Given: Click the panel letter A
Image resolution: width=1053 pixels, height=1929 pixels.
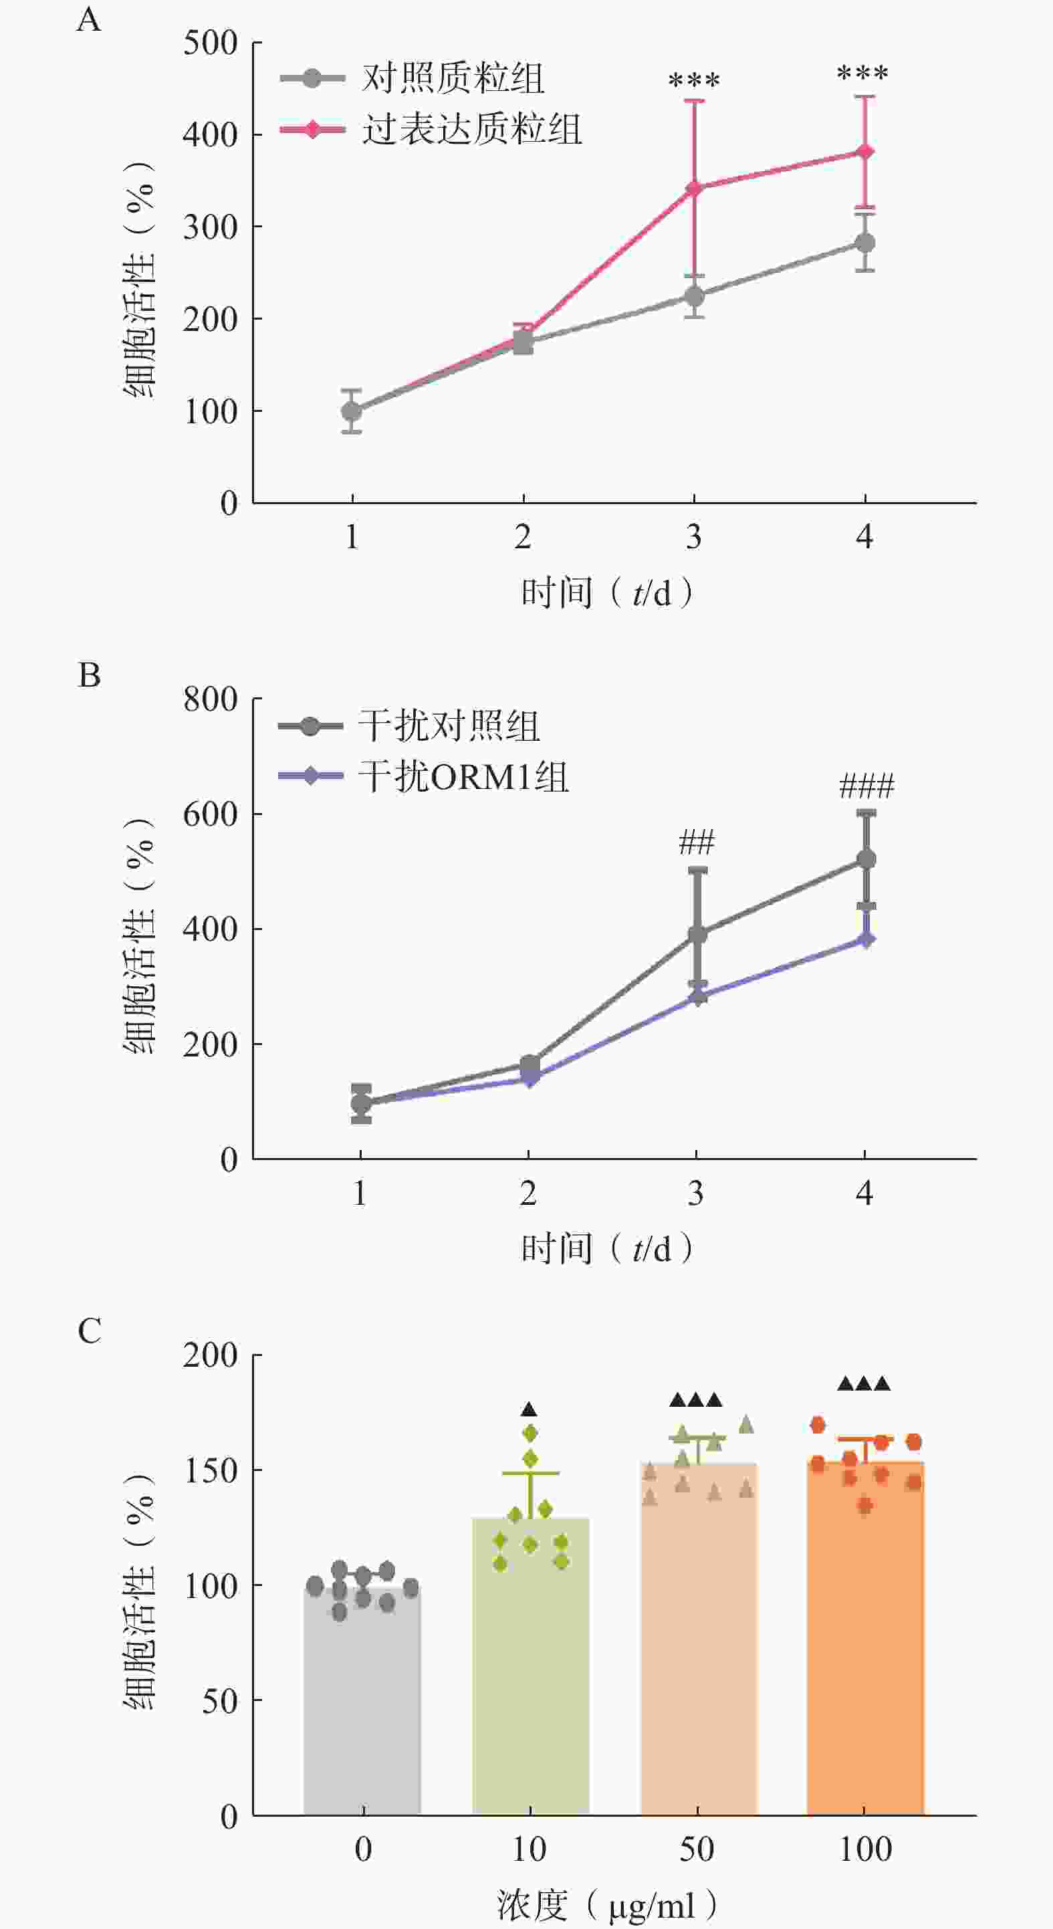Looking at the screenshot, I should (88, 19).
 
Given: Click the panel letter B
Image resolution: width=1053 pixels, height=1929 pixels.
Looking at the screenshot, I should (88, 675).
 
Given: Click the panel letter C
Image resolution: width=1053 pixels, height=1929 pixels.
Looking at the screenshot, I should (89, 1331).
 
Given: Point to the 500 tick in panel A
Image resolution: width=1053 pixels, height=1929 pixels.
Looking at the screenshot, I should (211, 43).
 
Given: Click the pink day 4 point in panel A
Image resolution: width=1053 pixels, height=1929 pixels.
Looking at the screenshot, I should (865, 152).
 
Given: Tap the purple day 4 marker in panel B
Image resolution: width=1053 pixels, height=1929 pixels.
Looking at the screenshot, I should (866, 939).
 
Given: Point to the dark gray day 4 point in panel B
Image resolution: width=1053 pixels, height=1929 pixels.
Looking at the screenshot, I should (866, 859).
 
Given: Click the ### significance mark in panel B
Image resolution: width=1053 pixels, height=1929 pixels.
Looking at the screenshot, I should (866, 786).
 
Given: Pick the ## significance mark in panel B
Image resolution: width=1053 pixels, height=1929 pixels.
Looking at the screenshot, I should (697, 842).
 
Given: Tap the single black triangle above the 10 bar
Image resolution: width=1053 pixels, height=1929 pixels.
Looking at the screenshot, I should (530, 1409).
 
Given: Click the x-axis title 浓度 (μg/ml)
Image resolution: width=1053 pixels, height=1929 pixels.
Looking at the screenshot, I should (606, 1904).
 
